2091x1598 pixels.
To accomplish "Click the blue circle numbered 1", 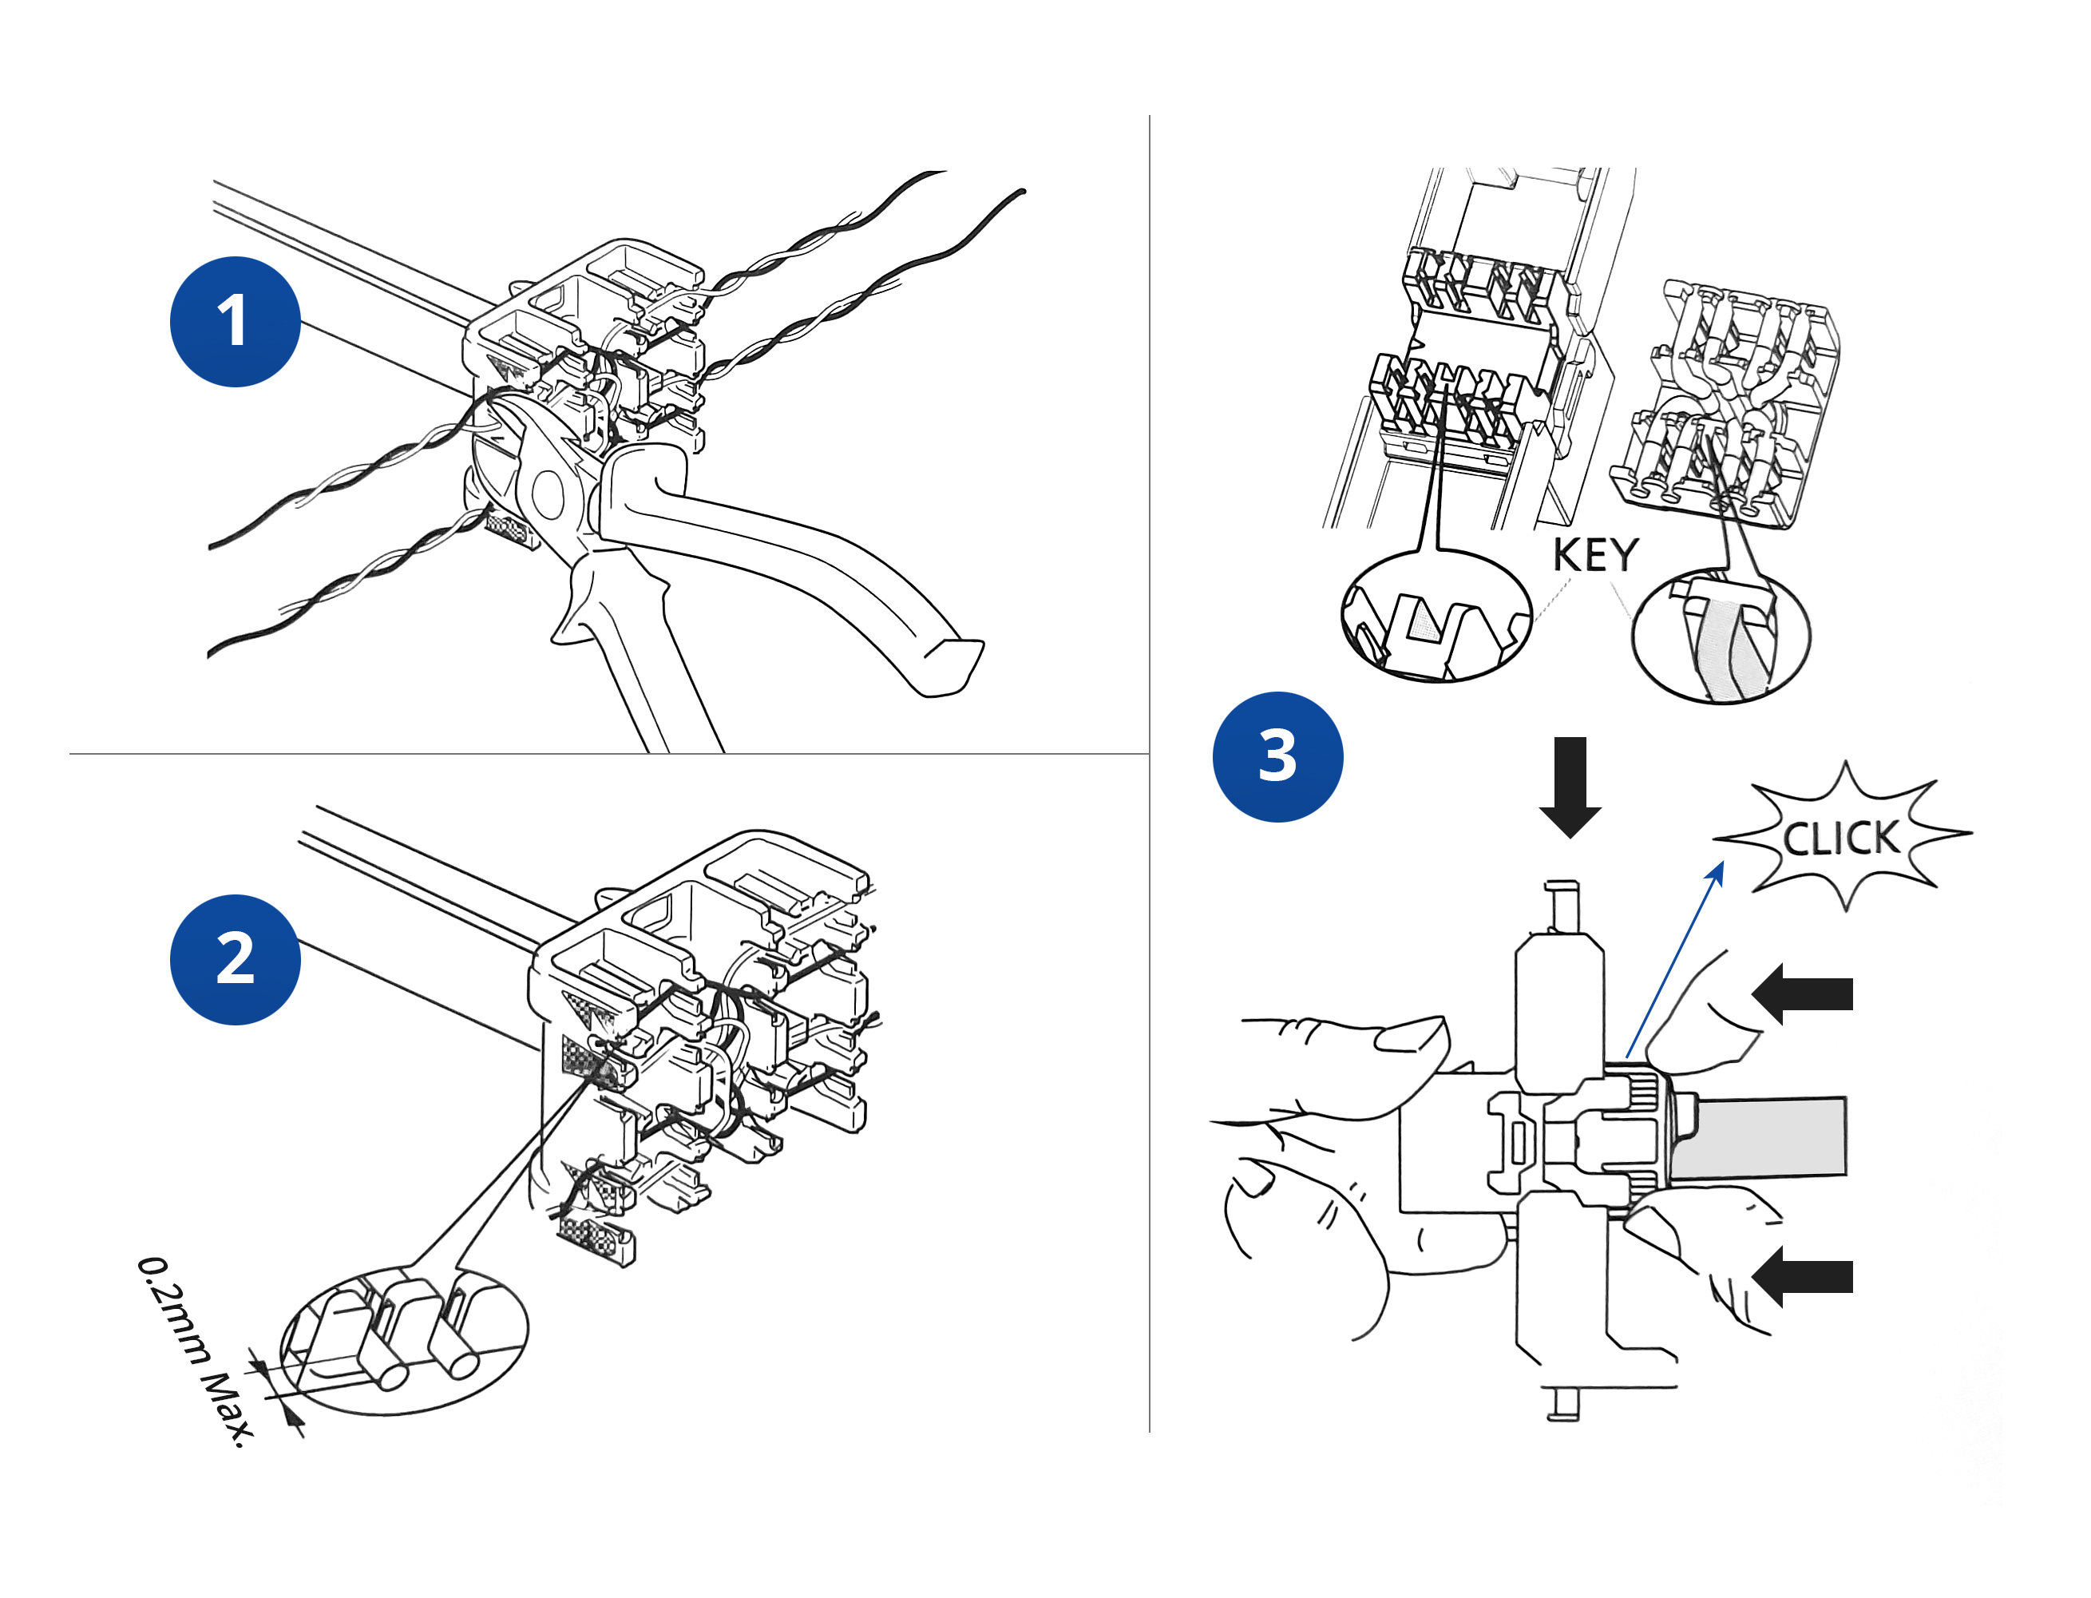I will [x=235, y=322].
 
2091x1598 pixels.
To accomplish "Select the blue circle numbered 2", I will [x=235, y=959].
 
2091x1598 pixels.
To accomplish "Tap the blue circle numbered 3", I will [x=1277, y=756].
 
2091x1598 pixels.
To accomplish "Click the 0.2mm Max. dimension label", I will [x=195, y=1350].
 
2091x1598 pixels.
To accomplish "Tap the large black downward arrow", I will [x=1570, y=786].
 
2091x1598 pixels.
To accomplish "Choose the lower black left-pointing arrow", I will [x=1801, y=1276].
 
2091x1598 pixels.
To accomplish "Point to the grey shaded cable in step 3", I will [x=1759, y=1138].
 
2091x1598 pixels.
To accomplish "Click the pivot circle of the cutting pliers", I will [x=548, y=493].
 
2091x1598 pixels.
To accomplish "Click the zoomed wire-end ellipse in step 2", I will [x=403, y=1341].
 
